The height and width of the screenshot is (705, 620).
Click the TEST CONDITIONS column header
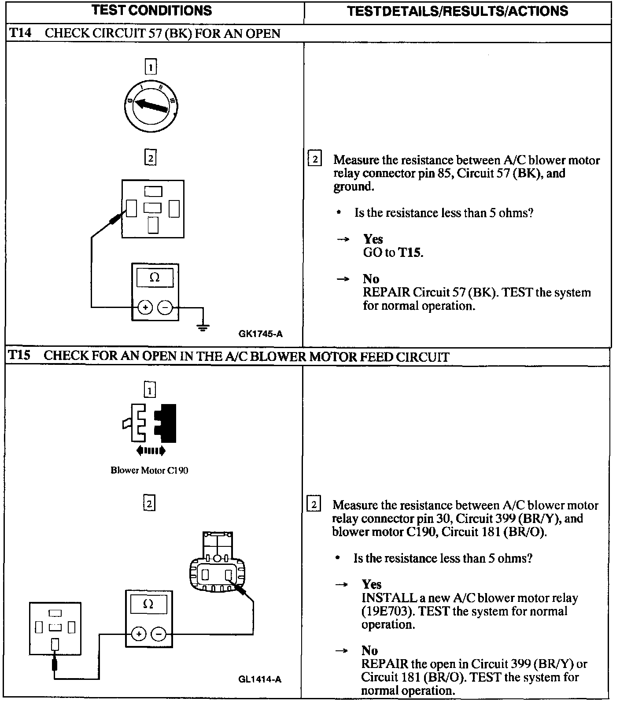[152, 11]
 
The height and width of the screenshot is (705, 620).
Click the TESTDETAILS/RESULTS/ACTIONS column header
[458, 11]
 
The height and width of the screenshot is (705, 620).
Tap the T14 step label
[20, 33]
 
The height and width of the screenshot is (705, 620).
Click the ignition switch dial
[151, 106]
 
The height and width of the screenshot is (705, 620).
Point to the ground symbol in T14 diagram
[203, 327]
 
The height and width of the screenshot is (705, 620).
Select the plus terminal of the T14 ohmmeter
[145, 307]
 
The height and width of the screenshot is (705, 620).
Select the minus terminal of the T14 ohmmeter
[165, 307]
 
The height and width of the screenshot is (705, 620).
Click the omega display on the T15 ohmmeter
[149, 605]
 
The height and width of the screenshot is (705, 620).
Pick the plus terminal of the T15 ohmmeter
[138, 634]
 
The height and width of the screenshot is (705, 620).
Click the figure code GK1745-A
[261, 334]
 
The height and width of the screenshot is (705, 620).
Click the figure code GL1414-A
[260, 679]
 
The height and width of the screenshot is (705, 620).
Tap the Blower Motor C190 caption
[149, 470]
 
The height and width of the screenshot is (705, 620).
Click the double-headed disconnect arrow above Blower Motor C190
[151, 450]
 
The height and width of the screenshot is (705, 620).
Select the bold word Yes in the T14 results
[373, 239]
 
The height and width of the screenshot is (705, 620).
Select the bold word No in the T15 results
[370, 650]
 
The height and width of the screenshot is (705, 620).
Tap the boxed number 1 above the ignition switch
[151, 67]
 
